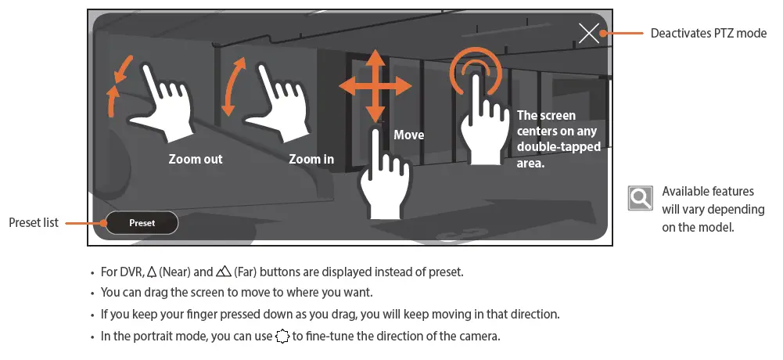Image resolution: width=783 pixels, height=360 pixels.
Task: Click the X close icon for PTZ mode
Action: tap(589, 33)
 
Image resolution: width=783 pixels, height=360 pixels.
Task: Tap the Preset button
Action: tap(142, 223)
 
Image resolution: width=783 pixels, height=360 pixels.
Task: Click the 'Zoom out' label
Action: tap(196, 159)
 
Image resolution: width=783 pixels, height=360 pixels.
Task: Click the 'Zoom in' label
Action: tap(311, 159)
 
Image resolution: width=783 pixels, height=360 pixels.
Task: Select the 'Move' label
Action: tap(408, 135)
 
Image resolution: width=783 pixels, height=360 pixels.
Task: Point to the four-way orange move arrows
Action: tap(375, 86)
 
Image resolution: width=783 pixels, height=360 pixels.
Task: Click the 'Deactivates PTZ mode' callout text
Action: tap(709, 34)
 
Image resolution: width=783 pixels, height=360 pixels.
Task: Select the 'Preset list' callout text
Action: tap(34, 223)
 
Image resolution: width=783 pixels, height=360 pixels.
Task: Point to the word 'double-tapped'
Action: tap(559, 147)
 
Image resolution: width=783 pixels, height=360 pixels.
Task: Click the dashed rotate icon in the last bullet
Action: tap(282, 337)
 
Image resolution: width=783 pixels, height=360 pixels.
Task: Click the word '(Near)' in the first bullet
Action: tap(176, 272)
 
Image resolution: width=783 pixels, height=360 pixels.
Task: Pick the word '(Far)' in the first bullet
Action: tap(244, 272)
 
